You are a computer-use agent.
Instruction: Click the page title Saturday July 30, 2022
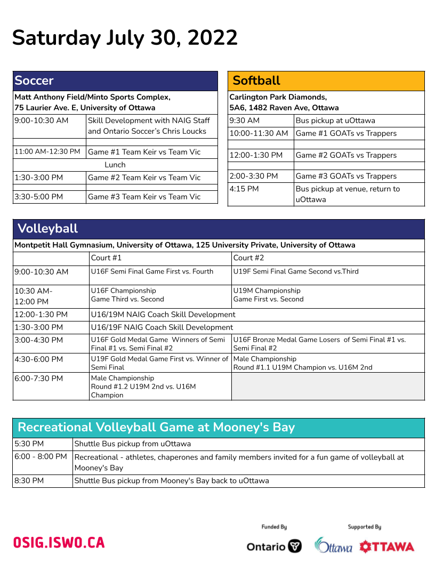pyautogui.click(x=125, y=38)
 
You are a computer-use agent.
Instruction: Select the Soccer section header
pyautogui.click(x=34, y=81)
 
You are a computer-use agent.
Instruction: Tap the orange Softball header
pyautogui.click(x=256, y=81)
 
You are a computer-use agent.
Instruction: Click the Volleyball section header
pyautogui.click(x=48, y=229)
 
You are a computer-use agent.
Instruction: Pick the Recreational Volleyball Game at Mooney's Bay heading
pyautogui.click(x=156, y=428)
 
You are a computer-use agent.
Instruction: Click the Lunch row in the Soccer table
pyautogui.click(x=115, y=165)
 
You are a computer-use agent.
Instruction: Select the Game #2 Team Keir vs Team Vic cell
pyautogui.click(x=144, y=178)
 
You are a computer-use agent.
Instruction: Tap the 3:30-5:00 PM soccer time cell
pyautogui.click(x=39, y=197)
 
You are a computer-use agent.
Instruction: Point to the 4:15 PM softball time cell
pyautogui.click(x=244, y=189)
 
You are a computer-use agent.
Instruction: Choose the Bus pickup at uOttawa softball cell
pyautogui.click(x=335, y=120)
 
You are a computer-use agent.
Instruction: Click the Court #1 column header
pyautogui.click(x=107, y=258)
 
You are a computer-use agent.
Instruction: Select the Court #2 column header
pyautogui.click(x=249, y=258)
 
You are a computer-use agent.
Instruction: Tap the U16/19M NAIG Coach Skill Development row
pyautogui.click(x=163, y=315)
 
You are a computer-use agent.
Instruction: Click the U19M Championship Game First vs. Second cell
pyautogui.click(x=268, y=295)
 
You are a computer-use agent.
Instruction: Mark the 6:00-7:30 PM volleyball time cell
pyautogui.click(x=39, y=379)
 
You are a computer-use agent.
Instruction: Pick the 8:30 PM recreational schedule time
pyautogui.click(x=29, y=481)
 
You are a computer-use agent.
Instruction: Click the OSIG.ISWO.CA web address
pyautogui.click(x=59, y=543)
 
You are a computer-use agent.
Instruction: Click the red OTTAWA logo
pyautogui.click(x=387, y=546)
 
